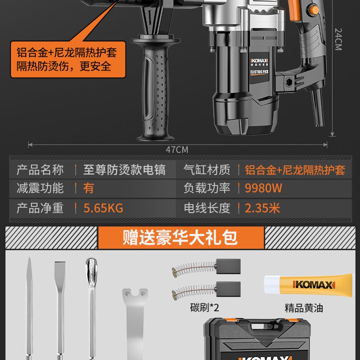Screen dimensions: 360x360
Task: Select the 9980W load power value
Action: click(264, 188)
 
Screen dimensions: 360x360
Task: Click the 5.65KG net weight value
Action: click(103, 208)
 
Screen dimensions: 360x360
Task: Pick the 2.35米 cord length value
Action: click(262, 208)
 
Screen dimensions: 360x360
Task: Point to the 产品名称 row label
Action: click(40, 170)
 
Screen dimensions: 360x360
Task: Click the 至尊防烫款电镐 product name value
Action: click(124, 170)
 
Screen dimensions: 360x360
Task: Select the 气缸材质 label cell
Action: click(207, 170)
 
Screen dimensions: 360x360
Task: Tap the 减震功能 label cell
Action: click(40, 188)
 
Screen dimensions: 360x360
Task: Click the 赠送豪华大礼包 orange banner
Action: click(180, 237)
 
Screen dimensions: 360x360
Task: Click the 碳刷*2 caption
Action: click(204, 308)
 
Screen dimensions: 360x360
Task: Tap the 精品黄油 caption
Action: click(304, 308)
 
